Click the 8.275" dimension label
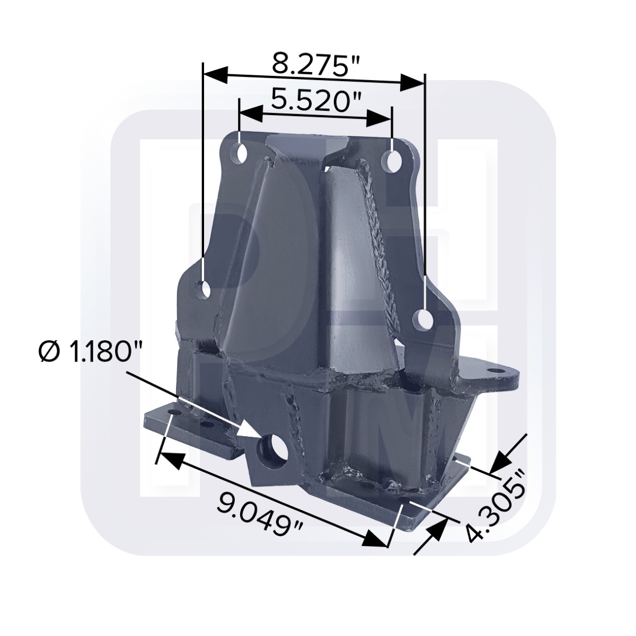coord(315,65)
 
